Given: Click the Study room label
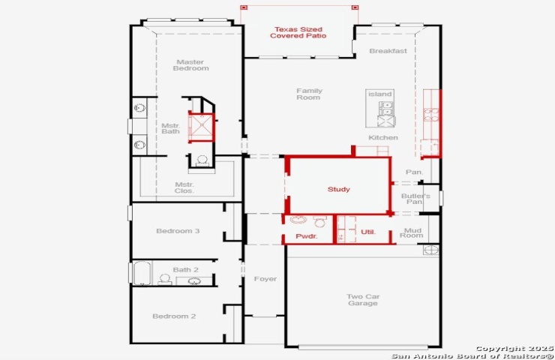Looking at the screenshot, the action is [x=339, y=190].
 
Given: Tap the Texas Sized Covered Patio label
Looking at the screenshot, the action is [x=298, y=32].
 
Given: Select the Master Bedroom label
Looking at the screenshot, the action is [x=190, y=65].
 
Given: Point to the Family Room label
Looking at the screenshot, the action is [x=309, y=94].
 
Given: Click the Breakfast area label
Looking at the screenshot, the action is [x=388, y=51].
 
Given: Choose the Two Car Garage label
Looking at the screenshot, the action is [x=363, y=300].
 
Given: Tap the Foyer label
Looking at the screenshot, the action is [x=265, y=279].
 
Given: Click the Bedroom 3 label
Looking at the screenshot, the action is [x=178, y=231].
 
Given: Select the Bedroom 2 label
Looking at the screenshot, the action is [x=174, y=316].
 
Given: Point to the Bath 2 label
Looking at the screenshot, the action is [x=185, y=270].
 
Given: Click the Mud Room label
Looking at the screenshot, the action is [x=412, y=233].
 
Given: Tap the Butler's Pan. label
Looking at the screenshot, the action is [x=415, y=199].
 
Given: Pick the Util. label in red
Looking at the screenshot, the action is [x=368, y=232].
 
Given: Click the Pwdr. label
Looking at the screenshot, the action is [x=307, y=236].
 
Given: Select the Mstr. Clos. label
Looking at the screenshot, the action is [x=184, y=187].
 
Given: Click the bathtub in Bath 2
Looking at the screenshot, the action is [x=142, y=273].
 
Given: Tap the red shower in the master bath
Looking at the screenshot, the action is [x=202, y=127].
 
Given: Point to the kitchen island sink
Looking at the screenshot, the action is [x=385, y=109].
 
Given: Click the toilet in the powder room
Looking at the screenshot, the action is [x=319, y=221].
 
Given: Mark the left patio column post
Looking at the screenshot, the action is [x=244, y=7].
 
